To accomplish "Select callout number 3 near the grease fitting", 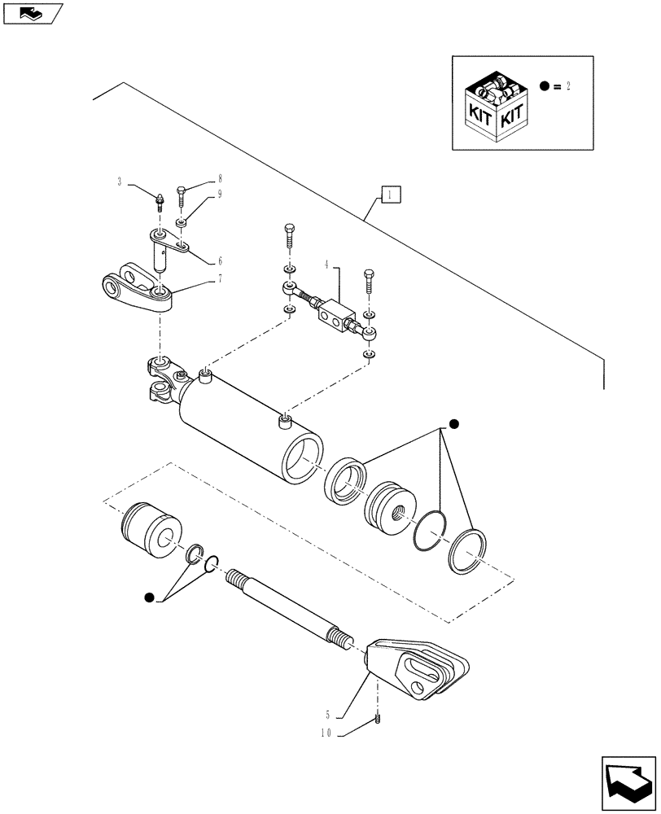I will pos(120,182).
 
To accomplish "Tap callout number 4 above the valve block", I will pos(326,264).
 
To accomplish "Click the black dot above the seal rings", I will pos(454,423).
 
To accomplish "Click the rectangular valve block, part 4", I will pos(333,314).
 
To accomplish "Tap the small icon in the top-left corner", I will pos(33,12).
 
